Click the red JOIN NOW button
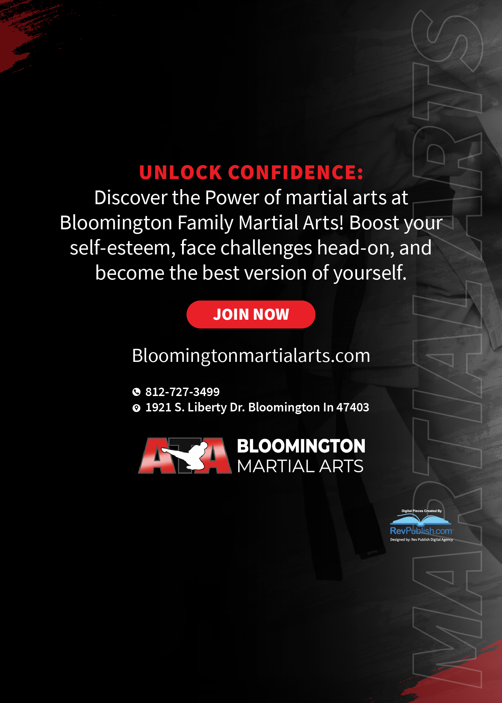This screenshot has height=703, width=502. [x=251, y=314]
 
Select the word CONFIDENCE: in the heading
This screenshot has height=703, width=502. [x=296, y=172]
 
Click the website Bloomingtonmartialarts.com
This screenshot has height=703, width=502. [x=251, y=356]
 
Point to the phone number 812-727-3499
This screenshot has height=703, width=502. [x=182, y=392]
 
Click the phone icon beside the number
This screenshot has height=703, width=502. [x=136, y=392]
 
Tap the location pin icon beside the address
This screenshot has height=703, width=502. [x=136, y=408]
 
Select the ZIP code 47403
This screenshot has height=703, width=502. [x=353, y=407]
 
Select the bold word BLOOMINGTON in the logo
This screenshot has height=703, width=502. [x=301, y=446]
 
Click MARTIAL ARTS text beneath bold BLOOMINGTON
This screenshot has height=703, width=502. [x=300, y=466]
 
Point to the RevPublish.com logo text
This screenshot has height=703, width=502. [x=421, y=531]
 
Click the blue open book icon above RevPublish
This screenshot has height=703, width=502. [x=421, y=520]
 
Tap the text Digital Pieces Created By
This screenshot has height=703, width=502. [x=421, y=511]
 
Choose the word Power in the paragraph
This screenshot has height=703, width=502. [x=232, y=198]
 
